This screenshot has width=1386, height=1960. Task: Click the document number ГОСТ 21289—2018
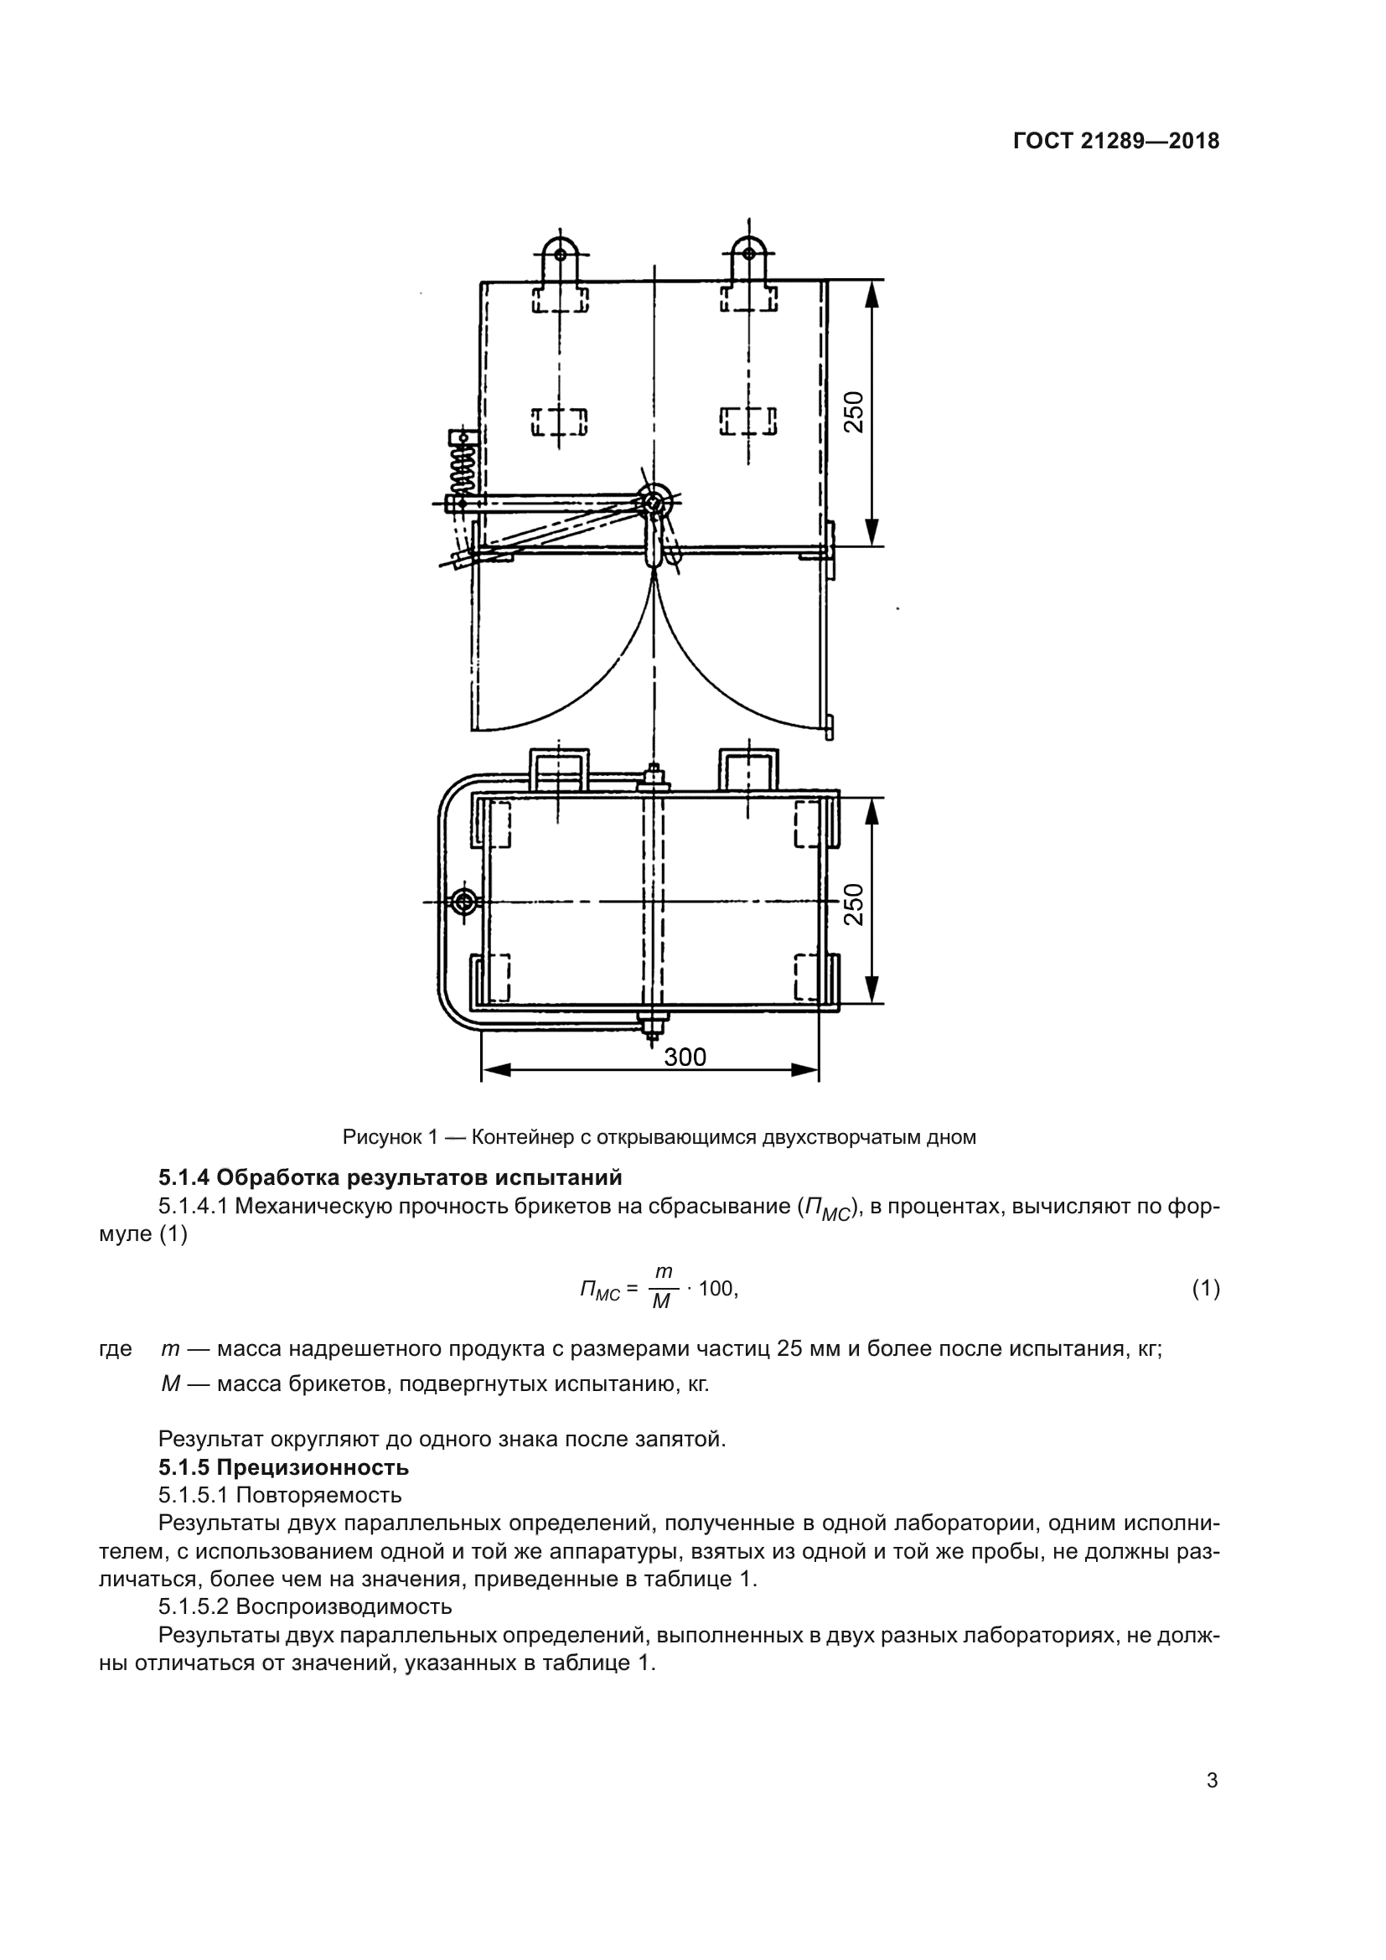1115,141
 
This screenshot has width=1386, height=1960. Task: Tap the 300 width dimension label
685,1057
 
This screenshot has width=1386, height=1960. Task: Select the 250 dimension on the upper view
853,411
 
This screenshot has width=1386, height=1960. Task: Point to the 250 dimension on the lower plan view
853,904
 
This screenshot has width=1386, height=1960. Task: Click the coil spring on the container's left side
462,465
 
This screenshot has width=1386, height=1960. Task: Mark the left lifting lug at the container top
560,254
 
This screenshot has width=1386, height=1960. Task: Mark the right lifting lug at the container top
748,254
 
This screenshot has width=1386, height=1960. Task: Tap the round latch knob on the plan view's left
464,902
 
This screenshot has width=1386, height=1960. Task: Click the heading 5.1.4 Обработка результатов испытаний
390,1178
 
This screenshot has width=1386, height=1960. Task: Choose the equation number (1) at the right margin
1205,1289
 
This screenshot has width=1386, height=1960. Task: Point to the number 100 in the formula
716,1289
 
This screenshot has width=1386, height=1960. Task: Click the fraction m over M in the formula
662,1288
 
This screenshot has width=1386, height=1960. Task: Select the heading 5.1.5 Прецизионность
283,1467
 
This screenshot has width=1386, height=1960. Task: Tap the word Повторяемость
318,1496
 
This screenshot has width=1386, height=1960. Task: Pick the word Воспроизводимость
343,1606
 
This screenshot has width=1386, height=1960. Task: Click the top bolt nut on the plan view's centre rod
653,778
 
